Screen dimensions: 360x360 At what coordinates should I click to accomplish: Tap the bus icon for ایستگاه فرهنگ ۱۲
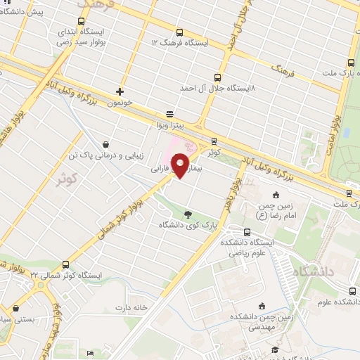[x=180, y=32]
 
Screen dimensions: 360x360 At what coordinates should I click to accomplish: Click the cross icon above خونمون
[x=120, y=91]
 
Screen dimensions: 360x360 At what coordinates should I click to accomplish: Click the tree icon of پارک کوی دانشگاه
[x=187, y=214]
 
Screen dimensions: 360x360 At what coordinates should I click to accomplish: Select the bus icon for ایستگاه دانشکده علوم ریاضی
[x=246, y=231]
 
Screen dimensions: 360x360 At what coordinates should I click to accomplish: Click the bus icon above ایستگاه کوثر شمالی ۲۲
[x=65, y=264]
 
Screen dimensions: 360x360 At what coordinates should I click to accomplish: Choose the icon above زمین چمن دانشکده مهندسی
[x=262, y=305]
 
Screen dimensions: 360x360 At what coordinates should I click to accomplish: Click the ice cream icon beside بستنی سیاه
[x=15, y=308]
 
